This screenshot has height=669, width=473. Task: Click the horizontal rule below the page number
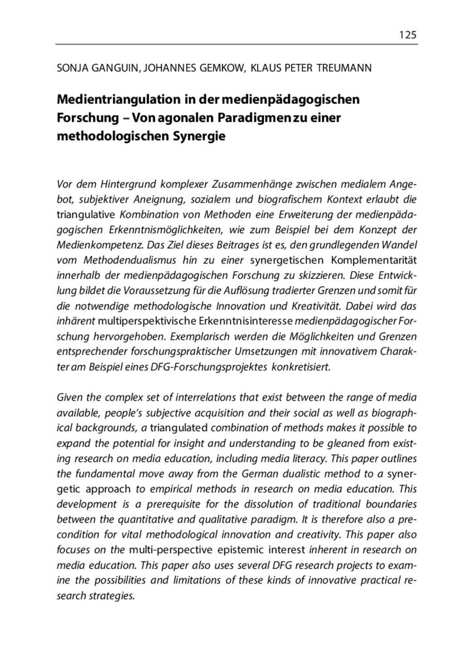tap(236, 44)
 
